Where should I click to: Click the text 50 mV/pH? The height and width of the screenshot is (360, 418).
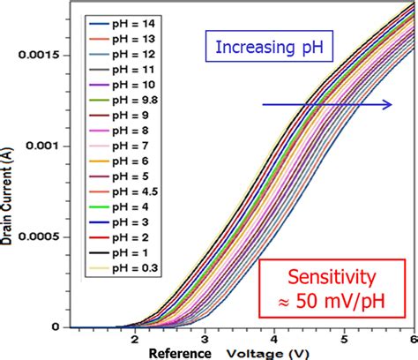pyautogui.click(x=338, y=305)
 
